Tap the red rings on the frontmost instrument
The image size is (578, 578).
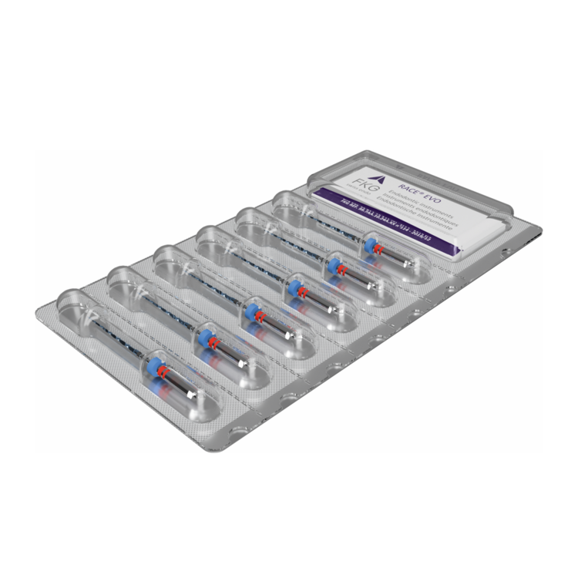(164, 373)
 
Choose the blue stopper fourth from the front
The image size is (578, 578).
(295, 286)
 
